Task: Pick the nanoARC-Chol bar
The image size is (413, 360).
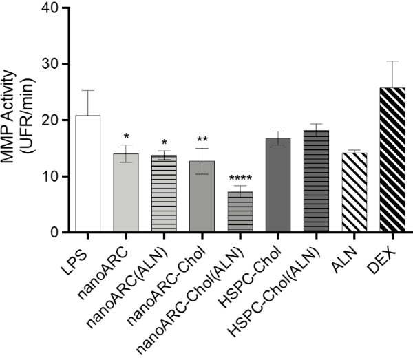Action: click(x=202, y=197)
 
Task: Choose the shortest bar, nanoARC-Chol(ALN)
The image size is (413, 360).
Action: click(x=240, y=212)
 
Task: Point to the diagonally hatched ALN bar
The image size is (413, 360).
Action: click(x=354, y=193)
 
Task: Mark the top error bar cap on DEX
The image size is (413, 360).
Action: click(x=392, y=61)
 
